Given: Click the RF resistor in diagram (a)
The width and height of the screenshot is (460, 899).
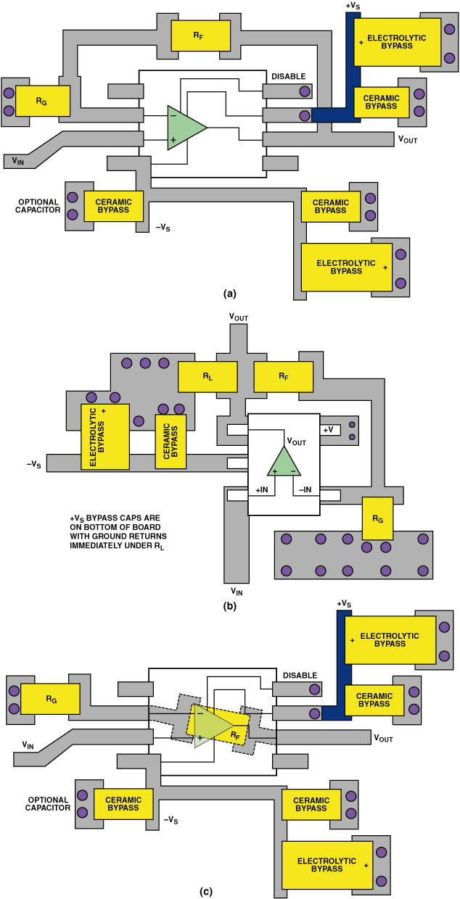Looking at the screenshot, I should pyautogui.click(x=201, y=36).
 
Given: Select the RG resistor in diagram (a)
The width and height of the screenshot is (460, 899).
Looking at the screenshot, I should pyautogui.click(x=43, y=101).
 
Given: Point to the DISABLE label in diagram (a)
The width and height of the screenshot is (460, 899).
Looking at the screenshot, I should pyautogui.click(x=289, y=76).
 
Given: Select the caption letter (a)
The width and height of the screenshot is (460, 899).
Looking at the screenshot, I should pyautogui.click(x=229, y=294).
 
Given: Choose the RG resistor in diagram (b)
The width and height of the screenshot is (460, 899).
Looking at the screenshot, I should pyautogui.click(x=377, y=518).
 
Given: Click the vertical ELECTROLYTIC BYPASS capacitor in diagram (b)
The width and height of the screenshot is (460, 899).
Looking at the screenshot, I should pyautogui.click(x=104, y=437).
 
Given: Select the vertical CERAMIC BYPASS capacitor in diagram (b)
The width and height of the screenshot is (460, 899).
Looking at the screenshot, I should pyautogui.click(x=171, y=441).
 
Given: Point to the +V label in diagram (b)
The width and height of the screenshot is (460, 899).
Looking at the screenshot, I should pyautogui.click(x=331, y=429).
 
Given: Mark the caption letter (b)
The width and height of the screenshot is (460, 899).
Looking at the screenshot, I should pyautogui.click(x=229, y=607).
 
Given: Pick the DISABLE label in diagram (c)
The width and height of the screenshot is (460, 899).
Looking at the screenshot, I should pyautogui.click(x=299, y=676).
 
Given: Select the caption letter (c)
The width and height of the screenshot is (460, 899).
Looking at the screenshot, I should pyautogui.click(x=206, y=891).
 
